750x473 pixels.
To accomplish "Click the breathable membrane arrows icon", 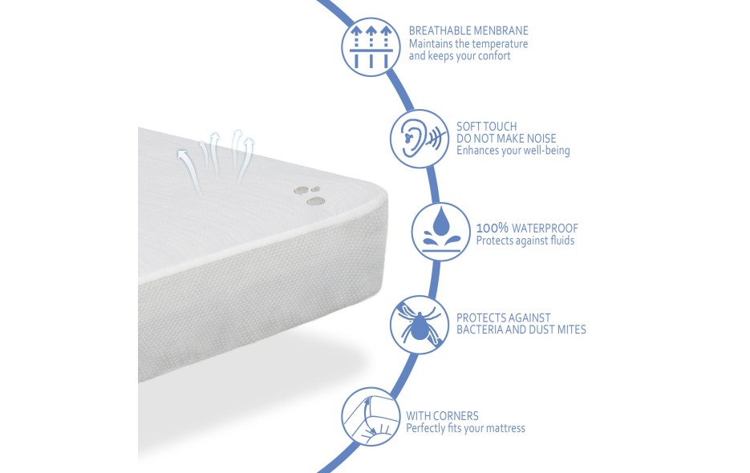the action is pyautogui.click(x=371, y=46).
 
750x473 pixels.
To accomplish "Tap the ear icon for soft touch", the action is pyautogui.click(x=420, y=138).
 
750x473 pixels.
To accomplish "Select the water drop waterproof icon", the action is pyautogui.click(x=441, y=232).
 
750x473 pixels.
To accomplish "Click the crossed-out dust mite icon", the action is pyautogui.click(x=420, y=325).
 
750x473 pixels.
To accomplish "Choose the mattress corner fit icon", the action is pyautogui.click(x=371, y=417).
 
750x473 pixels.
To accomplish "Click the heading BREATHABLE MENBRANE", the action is pyautogui.click(x=468, y=30).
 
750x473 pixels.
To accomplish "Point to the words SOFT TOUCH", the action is pyautogui.click(x=486, y=126).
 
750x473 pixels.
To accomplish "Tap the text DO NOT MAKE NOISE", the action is pyautogui.click(x=506, y=138).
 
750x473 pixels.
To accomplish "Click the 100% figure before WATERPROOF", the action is pyautogui.click(x=493, y=228).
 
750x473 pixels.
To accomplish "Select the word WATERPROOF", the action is pyautogui.click(x=545, y=228).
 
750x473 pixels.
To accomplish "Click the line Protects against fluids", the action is pyautogui.click(x=525, y=241).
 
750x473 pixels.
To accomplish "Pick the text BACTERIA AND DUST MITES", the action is pyautogui.click(x=521, y=329).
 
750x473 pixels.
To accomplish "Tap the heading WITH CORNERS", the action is pyautogui.click(x=442, y=415).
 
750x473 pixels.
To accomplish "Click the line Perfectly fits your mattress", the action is pyautogui.click(x=465, y=428).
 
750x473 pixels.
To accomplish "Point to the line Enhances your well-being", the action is pyautogui.click(x=513, y=151).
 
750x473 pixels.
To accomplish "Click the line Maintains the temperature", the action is pyautogui.click(x=468, y=43).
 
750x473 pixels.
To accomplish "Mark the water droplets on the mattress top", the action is pyautogui.click(x=310, y=195).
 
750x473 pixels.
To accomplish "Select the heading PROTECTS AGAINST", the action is pyautogui.click(x=503, y=317).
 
